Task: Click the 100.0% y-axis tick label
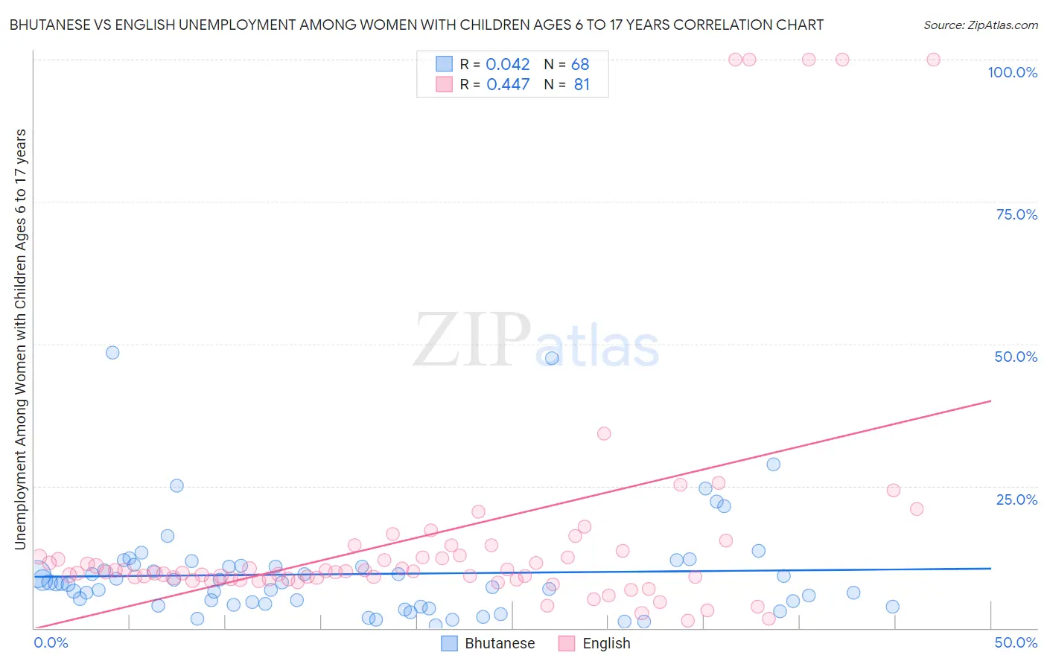pyautogui.click(x=1012, y=72)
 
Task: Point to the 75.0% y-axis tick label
pyautogui.click(x=1016, y=214)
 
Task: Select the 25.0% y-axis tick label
pyautogui.click(x=1016, y=499)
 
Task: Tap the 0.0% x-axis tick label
pyautogui.click(x=51, y=642)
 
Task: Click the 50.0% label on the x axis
pyautogui.click(x=1016, y=642)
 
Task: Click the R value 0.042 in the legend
pyautogui.click(x=508, y=65)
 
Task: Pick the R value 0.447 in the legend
pyautogui.click(x=508, y=85)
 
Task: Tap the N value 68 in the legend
pyautogui.click(x=580, y=65)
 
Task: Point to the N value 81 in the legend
pyautogui.click(x=582, y=85)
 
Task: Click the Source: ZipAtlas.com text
pyautogui.click(x=980, y=25)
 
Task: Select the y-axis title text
pyautogui.click(x=20, y=339)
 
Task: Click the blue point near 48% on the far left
pyautogui.click(x=112, y=353)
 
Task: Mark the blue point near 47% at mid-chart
pyautogui.click(x=552, y=358)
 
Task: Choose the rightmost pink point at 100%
pyautogui.click(x=933, y=60)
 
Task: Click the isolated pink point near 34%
pyautogui.click(x=604, y=433)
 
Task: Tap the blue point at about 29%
pyautogui.click(x=774, y=465)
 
